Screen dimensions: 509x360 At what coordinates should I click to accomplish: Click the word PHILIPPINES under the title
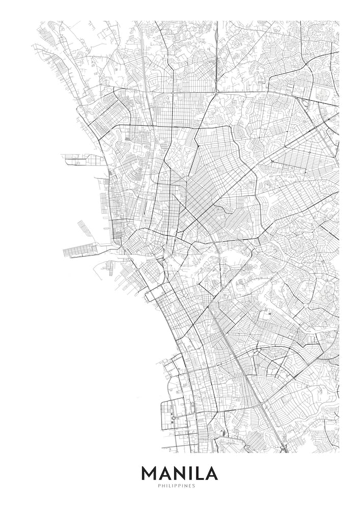(180, 486)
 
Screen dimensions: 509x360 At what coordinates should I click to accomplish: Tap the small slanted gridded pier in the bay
(84, 227)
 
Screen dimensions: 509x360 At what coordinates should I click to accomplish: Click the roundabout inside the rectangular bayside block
(173, 418)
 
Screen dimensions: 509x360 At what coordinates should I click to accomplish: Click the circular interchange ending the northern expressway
(216, 92)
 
